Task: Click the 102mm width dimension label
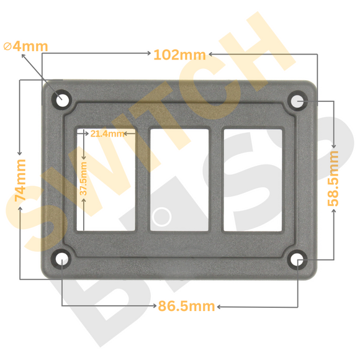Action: [179, 55]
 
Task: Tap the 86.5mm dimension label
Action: [187, 306]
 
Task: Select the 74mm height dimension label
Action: [20, 179]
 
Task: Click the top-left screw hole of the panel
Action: [62, 99]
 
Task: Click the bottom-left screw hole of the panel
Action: [62, 259]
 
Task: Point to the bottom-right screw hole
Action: [298, 259]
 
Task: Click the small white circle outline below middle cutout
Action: [162, 217]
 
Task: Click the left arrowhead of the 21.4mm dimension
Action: [81, 133]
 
